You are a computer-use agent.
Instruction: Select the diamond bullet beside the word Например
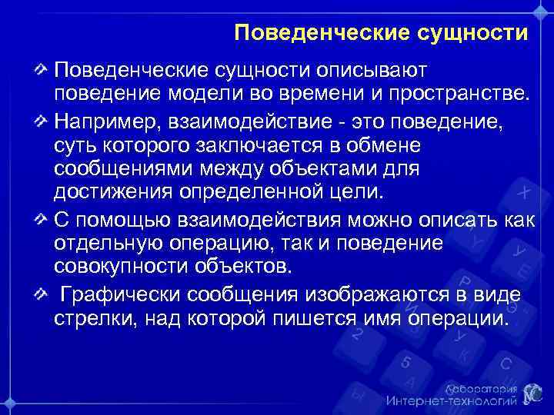pos(43,121)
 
